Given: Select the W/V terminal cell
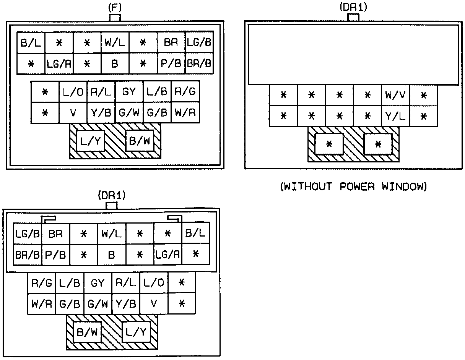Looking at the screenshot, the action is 395,95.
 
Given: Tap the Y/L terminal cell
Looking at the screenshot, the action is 395,116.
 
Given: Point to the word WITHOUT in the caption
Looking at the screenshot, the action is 306,187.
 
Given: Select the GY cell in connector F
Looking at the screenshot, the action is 129,92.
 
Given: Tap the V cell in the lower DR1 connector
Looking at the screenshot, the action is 154,304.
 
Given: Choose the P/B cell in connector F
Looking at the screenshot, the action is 171,63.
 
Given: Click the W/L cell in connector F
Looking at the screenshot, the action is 115,42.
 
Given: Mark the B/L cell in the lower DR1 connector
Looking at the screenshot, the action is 195,233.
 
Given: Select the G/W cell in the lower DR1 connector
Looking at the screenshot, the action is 98,304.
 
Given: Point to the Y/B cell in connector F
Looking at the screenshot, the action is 101,113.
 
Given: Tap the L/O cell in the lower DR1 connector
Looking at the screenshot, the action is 154,283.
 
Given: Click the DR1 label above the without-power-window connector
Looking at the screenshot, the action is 353,7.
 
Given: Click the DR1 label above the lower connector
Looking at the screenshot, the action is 111,196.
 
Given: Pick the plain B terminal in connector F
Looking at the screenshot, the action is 115,63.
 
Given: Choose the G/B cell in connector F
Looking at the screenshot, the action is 157,113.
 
